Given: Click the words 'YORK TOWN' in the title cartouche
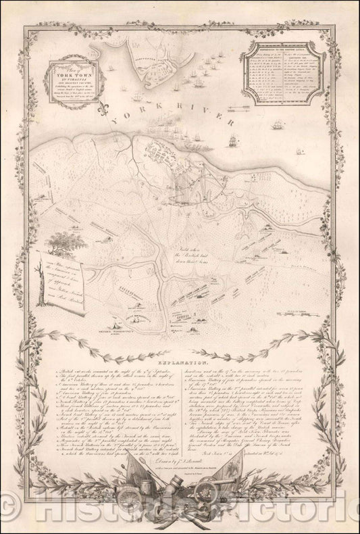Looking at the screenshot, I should coord(69,69).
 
